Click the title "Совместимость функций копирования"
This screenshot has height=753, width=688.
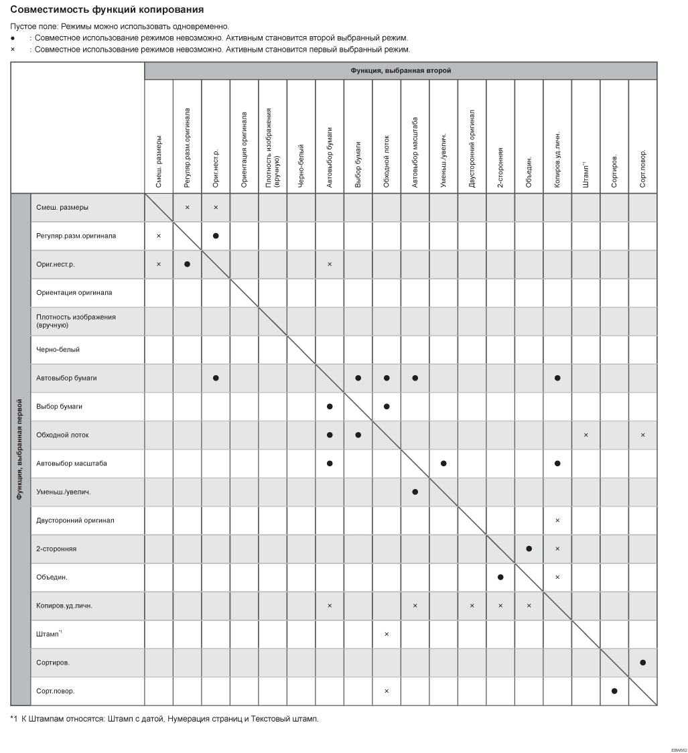point(107,10)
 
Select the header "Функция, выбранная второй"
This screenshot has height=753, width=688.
point(400,70)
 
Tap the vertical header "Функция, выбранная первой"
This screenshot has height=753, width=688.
point(21,450)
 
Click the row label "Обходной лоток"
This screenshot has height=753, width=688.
point(62,435)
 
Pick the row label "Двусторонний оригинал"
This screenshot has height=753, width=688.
point(75,521)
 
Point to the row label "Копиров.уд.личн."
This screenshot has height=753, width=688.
point(64,606)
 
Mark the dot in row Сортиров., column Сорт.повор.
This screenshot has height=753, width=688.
point(642,663)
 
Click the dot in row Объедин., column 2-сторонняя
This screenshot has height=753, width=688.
point(500,577)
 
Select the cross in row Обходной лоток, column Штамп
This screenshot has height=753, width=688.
point(586,435)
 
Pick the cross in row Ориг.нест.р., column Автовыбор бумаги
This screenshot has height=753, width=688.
point(330,264)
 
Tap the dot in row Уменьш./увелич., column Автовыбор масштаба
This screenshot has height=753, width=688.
point(415,492)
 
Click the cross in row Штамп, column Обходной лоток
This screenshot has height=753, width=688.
point(387,634)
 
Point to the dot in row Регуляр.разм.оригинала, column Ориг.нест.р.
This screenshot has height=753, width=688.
point(216,236)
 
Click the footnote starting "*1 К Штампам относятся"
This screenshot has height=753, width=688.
point(165,720)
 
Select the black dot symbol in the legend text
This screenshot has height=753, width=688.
point(13,38)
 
